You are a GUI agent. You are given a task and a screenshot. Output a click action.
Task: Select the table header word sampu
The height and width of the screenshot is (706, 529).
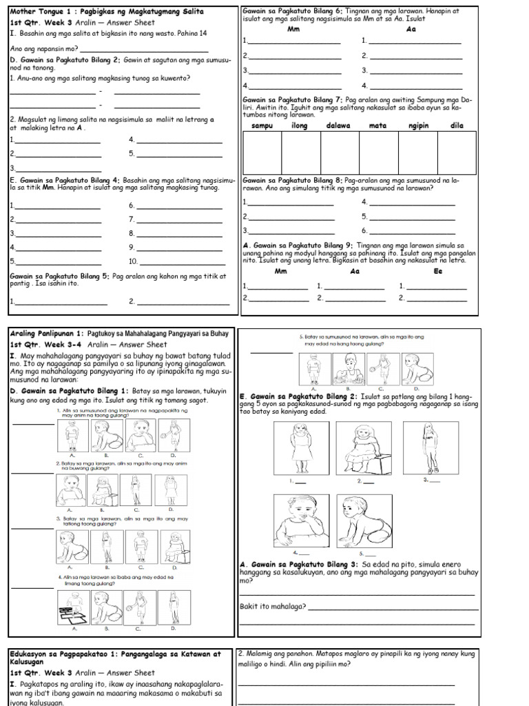pos(262,125)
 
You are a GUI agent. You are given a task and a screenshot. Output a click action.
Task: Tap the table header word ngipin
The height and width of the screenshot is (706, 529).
pos(419,125)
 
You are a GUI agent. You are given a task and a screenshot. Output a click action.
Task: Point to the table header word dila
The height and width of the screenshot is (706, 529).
pos(457,125)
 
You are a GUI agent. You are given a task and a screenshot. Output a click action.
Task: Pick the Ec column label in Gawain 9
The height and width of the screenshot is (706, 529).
pos(438,271)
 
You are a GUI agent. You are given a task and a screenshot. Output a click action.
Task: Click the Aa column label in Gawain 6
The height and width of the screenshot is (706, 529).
pos(411,30)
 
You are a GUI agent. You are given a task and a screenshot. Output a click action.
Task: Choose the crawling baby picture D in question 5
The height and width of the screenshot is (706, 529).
pos(416,369)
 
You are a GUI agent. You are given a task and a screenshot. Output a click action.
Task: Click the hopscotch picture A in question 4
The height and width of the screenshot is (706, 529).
pos(74,607)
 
